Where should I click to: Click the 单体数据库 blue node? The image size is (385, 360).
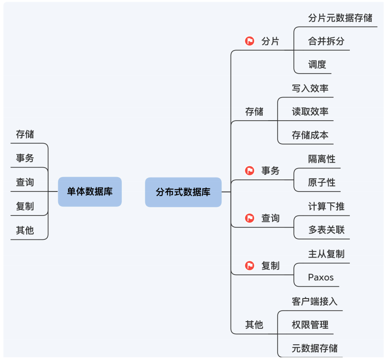coord(90,192)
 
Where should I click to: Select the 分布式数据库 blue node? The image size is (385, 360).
coord(183,192)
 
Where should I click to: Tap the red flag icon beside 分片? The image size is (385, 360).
coord(250,41)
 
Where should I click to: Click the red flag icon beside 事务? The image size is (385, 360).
coord(250,171)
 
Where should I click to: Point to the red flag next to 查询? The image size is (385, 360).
coord(250,218)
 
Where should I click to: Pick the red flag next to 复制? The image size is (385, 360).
coord(250,266)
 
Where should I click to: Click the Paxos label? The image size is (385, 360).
coord(321,277)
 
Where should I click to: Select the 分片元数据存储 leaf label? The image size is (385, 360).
coord(340,18)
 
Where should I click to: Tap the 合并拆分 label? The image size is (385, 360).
coord(326,41)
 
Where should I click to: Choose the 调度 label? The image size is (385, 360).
coord(317,65)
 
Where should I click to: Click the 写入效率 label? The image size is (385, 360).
coord(310,88)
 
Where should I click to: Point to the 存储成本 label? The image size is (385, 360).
coord(310,135)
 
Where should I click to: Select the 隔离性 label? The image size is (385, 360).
coord(322,159)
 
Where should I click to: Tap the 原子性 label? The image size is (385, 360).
coord(322,182)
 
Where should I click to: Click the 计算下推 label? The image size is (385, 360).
coord(326,206)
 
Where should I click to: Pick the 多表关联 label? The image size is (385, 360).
coord(326,230)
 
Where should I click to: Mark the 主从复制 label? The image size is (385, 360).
coord(326,254)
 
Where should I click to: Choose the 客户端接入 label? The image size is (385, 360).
coord(315,301)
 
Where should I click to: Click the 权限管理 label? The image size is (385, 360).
coord(310,325)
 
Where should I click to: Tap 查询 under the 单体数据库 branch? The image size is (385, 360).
coord(25,182)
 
